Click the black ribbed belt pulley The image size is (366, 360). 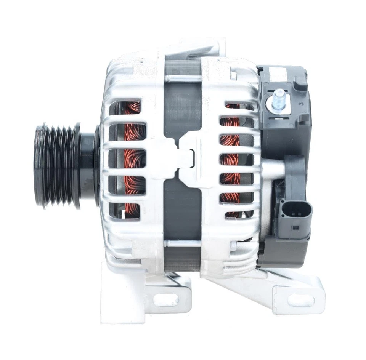(57, 165)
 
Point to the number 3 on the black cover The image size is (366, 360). (301, 104)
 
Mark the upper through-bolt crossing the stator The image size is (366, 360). (183, 79)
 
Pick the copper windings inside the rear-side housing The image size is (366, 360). (231, 160)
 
